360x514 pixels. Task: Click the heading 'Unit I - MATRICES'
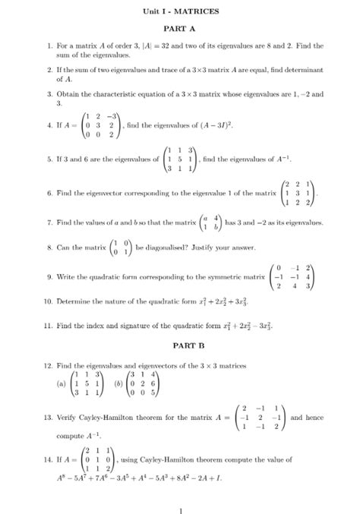pos(180,12)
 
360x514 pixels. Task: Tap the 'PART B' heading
pos(180,345)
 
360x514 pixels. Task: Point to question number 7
pos(49,223)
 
